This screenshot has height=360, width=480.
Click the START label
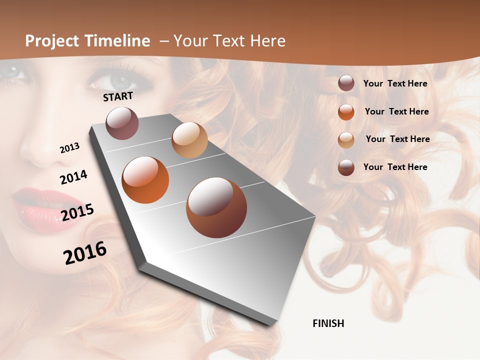coord(118,96)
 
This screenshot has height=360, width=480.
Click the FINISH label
coord(328,323)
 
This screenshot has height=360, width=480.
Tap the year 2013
coord(69,148)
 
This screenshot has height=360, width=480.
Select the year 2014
coord(73,177)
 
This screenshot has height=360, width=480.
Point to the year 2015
coord(77,212)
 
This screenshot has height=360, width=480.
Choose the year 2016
coord(85,252)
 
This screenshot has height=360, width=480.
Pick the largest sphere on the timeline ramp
coord(216,207)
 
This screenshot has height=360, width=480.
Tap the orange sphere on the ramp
coord(145,180)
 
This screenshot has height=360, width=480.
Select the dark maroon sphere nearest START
coord(122,123)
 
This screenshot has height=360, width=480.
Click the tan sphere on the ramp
coord(189,140)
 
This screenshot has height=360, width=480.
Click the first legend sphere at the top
coord(346,83)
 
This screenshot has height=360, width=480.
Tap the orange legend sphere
coord(346,112)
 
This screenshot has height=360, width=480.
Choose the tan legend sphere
coord(346,140)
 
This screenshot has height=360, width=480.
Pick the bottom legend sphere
coord(346,167)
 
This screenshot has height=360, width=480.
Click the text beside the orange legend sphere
coord(396,111)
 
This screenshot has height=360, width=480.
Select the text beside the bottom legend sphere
coord(395,167)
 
